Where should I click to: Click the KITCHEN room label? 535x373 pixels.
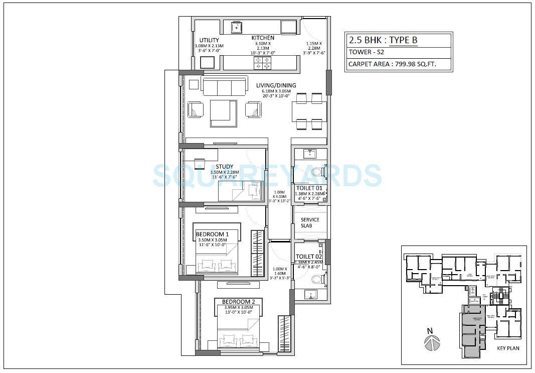click(263, 38)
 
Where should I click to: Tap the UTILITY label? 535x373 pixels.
click(209, 40)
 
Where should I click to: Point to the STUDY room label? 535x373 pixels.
click(224, 167)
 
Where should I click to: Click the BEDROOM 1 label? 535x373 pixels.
click(212, 234)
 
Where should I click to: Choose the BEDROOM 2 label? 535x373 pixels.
click(232, 302)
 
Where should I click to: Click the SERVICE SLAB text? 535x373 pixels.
click(310, 223)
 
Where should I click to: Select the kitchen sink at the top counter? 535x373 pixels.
click(237, 27)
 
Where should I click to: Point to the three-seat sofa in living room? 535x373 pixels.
click(224, 86)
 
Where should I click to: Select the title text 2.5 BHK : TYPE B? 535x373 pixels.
click(383, 40)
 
